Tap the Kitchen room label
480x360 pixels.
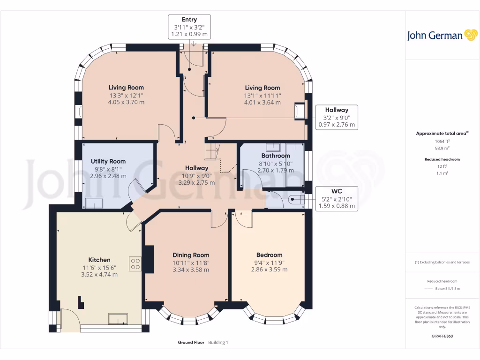click(x=99, y=260)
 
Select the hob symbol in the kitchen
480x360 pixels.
click(x=135, y=264)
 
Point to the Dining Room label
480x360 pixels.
click(x=191, y=255)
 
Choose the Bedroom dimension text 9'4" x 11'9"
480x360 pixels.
click(x=270, y=262)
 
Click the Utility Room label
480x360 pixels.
click(x=108, y=161)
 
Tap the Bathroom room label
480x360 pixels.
click(x=276, y=156)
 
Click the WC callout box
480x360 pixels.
click(x=337, y=198)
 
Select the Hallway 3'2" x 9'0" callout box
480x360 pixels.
click(x=337, y=117)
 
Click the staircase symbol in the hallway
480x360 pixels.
click(x=212, y=151)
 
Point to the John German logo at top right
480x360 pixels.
click(x=442, y=35)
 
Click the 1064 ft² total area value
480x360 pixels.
click(x=442, y=142)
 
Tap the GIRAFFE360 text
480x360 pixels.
click(x=442, y=336)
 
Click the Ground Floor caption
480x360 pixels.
click(x=191, y=342)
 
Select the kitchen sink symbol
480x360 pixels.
click(x=118, y=319)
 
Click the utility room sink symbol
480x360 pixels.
click(x=94, y=203)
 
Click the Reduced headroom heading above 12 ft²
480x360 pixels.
click(x=442, y=159)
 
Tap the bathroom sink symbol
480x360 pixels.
click(x=273, y=147)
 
